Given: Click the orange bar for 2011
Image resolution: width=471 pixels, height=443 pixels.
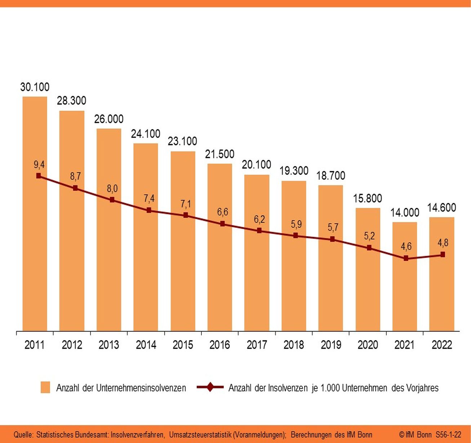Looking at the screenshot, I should click(35, 252).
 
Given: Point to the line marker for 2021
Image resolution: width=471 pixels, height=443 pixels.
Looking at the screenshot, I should click(406, 258).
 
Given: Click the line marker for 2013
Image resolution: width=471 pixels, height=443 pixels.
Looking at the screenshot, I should click(112, 200).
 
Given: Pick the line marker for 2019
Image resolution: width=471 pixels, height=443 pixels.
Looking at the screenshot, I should click(332, 239).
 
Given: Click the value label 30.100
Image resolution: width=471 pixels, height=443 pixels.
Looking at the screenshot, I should click(35, 87).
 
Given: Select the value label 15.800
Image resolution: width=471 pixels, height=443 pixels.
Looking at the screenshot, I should click(368, 198).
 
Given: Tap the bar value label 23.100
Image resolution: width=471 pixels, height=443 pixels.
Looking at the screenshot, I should click(183, 141).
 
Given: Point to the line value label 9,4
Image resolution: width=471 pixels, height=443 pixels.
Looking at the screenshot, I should click(39, 165).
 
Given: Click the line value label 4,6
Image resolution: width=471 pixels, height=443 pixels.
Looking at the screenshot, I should click(406, 247).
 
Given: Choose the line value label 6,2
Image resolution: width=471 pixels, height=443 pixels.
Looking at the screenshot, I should click(259, 219).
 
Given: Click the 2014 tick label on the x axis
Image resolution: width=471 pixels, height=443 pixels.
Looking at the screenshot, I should click(146, 345).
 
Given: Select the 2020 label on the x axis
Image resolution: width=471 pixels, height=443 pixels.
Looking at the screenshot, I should click(368, 345).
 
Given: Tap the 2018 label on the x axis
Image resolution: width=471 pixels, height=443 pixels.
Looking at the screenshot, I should click(294, 345).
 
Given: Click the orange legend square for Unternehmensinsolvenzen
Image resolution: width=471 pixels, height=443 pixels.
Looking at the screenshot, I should click(45, 388).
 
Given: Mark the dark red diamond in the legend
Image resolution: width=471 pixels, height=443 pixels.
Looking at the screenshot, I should click(210, 388).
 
